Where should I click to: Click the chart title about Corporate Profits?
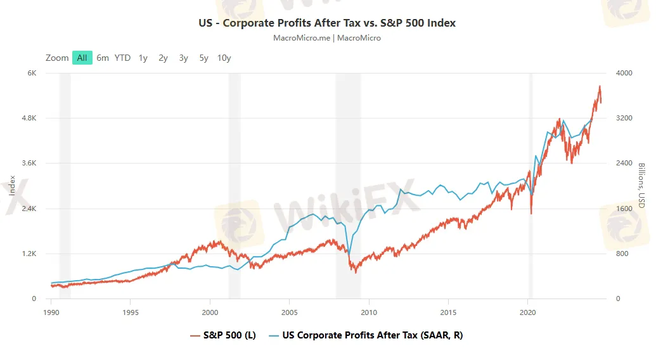(327, 23)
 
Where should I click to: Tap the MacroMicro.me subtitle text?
(327, 38)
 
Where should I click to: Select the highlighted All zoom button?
(82, 58)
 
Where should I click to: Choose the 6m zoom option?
(103, 58)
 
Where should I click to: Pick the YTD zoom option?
(122, 58)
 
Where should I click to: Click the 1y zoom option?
(143, 58)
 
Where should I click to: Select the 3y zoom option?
(183, 58)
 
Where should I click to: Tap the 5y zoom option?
(203, 58)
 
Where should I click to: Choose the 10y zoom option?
(224, 58)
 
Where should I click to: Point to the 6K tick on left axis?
(31, 73)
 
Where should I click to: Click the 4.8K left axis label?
(28, 118)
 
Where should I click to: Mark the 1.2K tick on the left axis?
(28, 254)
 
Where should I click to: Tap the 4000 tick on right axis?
(624, 73)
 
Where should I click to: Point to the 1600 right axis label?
(624, 209)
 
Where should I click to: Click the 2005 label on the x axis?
(289, 312)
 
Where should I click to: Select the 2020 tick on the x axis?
(528, 312)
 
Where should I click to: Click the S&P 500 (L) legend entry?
(223, 335)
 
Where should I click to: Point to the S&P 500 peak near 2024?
(599, 86)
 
